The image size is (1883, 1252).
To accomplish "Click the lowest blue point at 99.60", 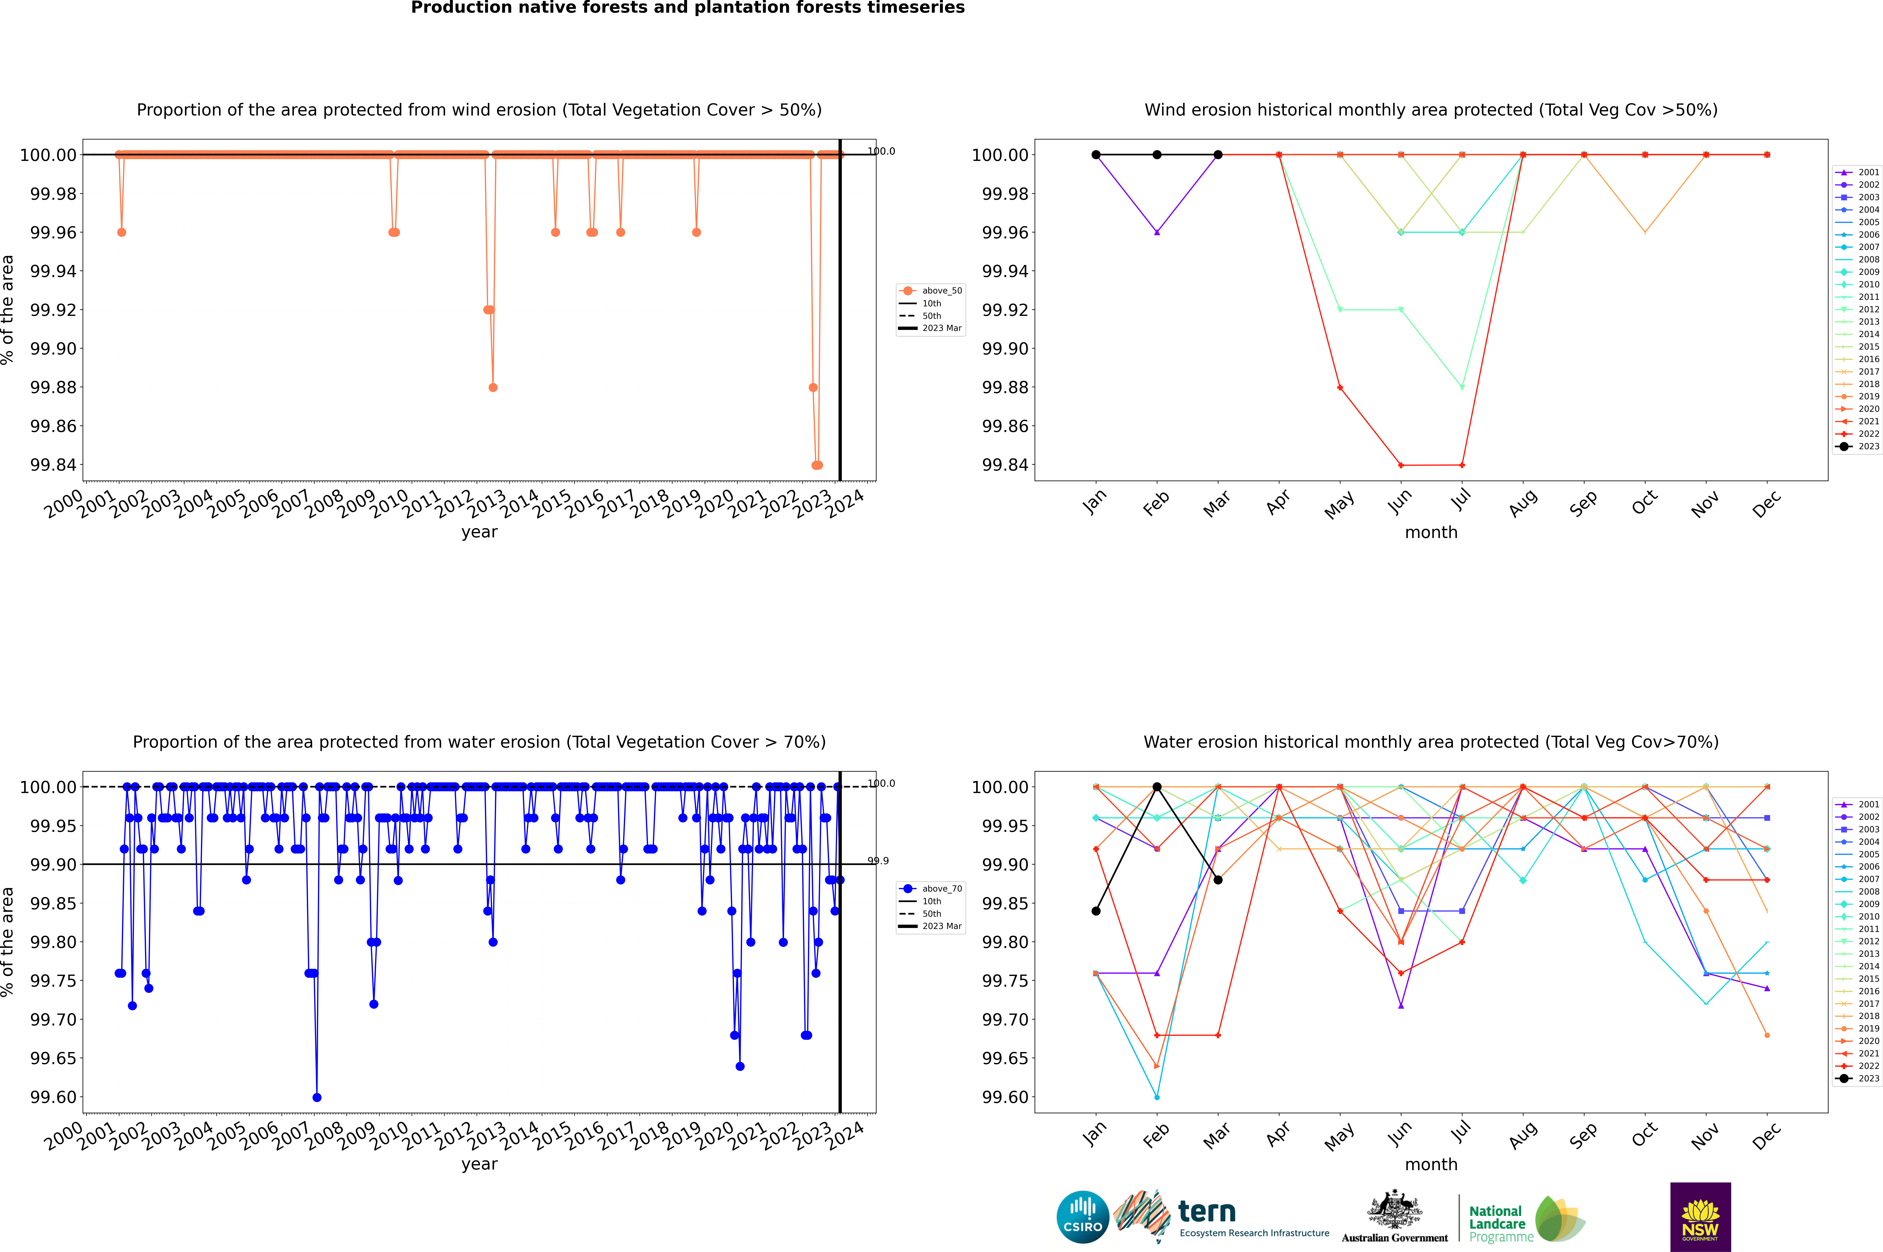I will [x=317, y=1097].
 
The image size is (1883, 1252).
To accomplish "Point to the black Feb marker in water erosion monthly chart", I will [x=1157, y=787].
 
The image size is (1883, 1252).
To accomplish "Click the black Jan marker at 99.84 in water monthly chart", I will [x=1096, y=911].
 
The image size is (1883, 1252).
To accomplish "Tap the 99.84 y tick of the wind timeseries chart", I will [x=53, y=465].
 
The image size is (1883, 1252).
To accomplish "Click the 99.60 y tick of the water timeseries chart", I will [x=53, y=1097].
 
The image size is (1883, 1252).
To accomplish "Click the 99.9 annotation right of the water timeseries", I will [x=878, y=861].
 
